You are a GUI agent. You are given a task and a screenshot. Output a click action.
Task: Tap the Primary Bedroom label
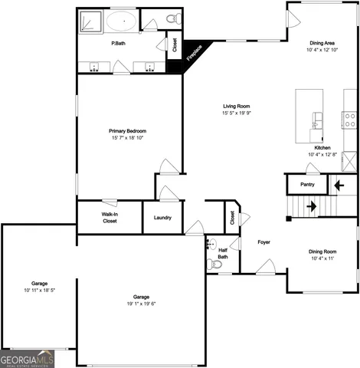pos(127,131)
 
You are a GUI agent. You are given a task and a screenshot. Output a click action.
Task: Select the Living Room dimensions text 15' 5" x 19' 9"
pos(237,113)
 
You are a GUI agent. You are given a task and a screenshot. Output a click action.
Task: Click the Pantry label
pos(307,184)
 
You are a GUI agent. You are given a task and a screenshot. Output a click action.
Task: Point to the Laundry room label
pos(162,218)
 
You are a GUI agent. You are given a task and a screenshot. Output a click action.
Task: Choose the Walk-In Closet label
pos(110,218)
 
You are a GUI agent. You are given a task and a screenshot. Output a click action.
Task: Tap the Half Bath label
pos(223,253)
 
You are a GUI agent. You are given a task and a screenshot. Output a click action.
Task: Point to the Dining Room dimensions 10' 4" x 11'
pos(322,258)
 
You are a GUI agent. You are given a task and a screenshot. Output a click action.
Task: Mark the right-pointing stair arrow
pos(312,206)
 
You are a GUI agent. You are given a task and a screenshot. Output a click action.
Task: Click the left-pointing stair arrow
pos(340,185)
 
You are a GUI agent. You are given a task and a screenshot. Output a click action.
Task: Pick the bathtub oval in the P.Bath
pos(122,20)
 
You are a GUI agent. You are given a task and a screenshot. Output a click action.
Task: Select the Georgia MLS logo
pos(27,359)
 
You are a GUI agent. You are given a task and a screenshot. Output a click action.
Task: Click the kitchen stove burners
pos(350,119)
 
